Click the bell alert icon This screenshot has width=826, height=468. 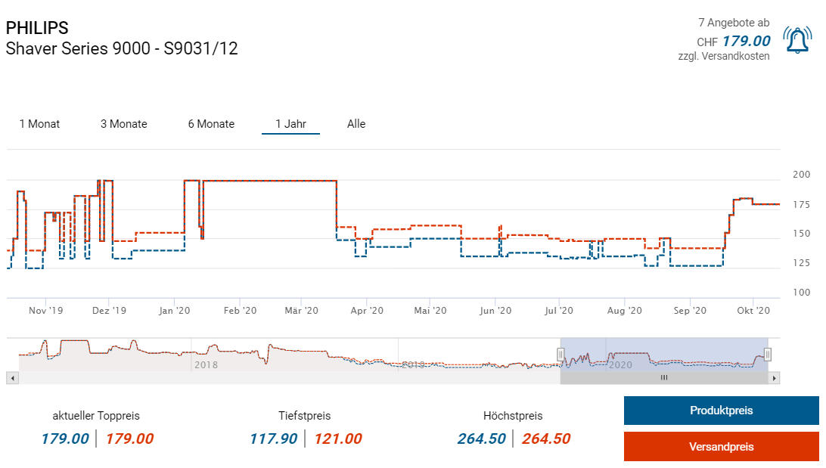click(x=797, y=40)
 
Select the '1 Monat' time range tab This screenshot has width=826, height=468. click(x=39, y=124)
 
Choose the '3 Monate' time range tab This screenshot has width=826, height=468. click(x=123, y=124)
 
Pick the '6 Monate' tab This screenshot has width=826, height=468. click(x=211, y=124)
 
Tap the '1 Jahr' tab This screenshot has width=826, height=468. click(x=290, y=124)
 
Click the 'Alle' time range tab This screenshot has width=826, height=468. click(x=356, y=124)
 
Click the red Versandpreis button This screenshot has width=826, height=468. click(x=721, y=446)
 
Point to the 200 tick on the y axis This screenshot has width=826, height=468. click(x=800, y=175)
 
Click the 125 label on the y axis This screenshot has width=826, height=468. click(x=800, y=263)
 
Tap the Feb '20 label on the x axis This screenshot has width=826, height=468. click(x=241, y=310)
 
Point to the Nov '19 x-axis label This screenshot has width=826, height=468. click(x=46, y=310)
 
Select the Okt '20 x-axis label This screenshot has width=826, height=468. click(x=753, y=310)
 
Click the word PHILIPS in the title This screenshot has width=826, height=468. click(x=37, y=28)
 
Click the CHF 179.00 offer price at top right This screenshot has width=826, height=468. click(x=745, y=41)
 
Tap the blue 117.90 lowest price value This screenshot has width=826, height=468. click(x=273, y=439)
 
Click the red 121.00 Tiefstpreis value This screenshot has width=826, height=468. click(x=338, y=439)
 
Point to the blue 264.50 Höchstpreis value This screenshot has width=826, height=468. click(x=481, y=439)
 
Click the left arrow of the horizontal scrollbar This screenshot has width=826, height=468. click(x=11, y=377)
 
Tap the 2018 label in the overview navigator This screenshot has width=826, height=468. click(x=206, y=365)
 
